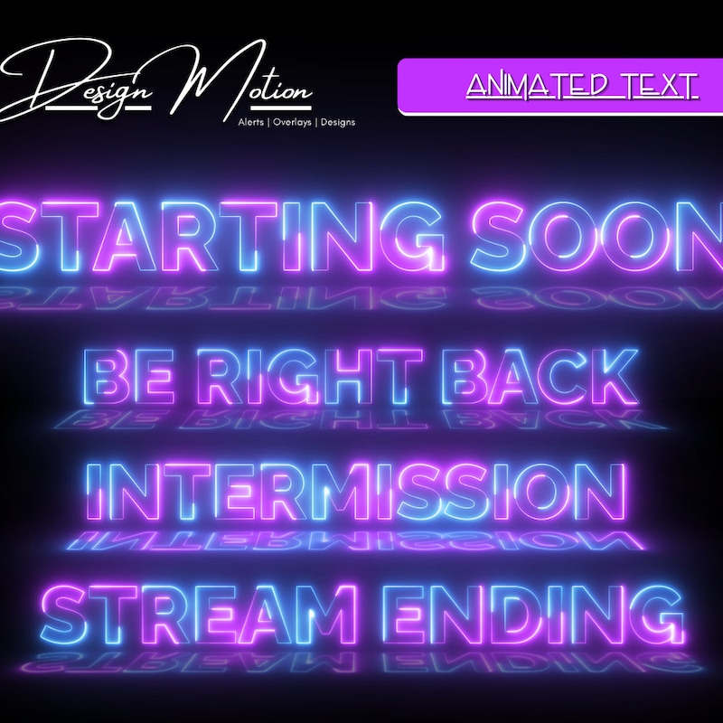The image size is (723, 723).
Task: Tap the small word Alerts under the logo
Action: [x=251, y=122]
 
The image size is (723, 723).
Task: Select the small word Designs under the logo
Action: [x=337, y=122]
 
